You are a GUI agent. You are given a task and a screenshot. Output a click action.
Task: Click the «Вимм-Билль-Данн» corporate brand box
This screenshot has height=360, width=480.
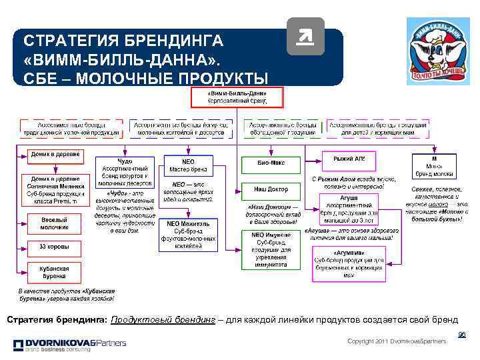(x=237, y=97)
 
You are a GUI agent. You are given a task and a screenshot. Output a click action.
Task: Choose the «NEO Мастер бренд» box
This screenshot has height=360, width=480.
(x=189, y=166)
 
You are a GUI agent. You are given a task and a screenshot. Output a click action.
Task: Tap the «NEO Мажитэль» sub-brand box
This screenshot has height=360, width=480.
(x=189, y=235)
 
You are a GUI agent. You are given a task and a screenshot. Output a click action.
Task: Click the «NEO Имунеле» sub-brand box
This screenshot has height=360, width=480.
(x=271, y=250)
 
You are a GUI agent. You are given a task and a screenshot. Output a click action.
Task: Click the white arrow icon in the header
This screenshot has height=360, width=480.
(x=305, y=37)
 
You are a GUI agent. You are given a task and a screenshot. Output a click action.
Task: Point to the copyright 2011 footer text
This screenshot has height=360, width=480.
(x=397, y=341)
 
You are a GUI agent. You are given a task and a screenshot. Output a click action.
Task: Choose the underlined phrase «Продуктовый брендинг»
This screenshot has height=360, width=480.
(x=163, y=319)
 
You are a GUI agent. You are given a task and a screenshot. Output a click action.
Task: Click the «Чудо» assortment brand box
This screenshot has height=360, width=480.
(x=125, y=170)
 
